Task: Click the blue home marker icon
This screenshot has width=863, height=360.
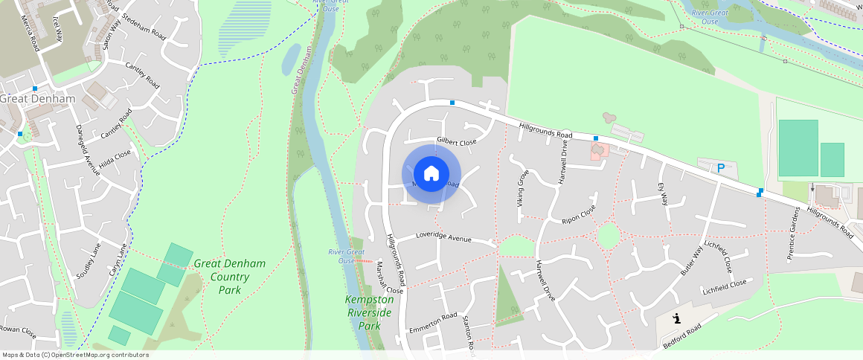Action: tap(431, 175)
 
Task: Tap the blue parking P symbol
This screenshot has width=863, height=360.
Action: tap(720, 169)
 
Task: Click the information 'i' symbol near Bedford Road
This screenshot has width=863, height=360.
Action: tap(676, 319)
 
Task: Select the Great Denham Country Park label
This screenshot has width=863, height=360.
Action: tap(229, 276)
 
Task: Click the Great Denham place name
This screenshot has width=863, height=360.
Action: tap(37, 99)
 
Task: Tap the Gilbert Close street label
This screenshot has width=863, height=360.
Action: tap(457, 141)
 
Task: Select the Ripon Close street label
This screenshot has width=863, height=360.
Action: tap(580, 214)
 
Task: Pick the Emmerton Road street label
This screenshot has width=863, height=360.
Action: tap(432, 323)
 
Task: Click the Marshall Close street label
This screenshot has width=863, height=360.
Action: tap(389, 277)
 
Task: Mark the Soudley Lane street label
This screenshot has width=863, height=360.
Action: tap(87, 261)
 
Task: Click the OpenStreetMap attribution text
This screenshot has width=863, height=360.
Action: tap(76, 355)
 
